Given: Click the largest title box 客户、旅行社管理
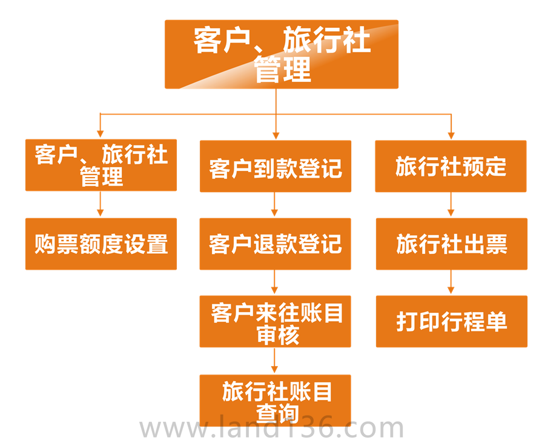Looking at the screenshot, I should pyautogui.click(x=282, y=54).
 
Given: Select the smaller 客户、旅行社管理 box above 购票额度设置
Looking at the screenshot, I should pyautogui.click(x=101, y=165).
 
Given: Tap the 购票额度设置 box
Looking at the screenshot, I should pyautogui.click(x=101, y=244).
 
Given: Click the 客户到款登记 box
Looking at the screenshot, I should pyautogui.click(x=276, y=167).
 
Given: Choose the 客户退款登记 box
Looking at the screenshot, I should pyautogui.click(x=276, y=244).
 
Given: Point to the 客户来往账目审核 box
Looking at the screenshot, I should pyautogui.click(x=276, y=322).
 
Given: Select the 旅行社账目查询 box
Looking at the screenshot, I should pyautogui.click(x=276, y=400).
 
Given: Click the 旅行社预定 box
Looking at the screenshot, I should pyautogui.click(x=451, y=167).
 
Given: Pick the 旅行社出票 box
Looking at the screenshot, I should pyautogui.click(x=451, y=244).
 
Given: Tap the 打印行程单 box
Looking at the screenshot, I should pyautogui.click(x=451, y=322).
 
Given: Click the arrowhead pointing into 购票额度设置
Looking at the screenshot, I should pyautogui.click(x=101, y=213).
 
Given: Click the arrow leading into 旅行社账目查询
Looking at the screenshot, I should pyautogui.click(x=276, y=362).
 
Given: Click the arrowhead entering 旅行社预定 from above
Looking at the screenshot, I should pyautogui.click(x=451, y=135).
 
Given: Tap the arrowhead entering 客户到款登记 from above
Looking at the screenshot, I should pyautogui.click(x=276, y=135).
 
